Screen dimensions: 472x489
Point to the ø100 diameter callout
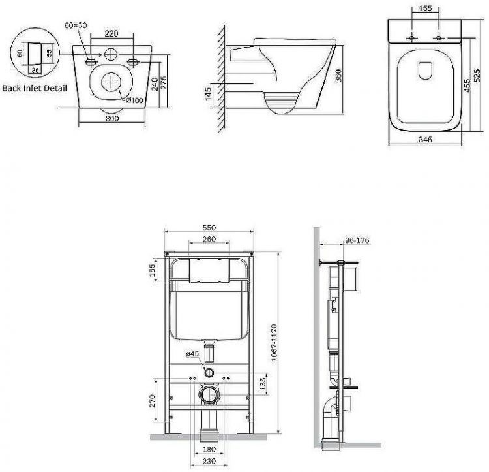[x=134, y=99]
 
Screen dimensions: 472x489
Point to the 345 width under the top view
[x=426, y=140]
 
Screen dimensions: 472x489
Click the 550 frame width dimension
[x=209, y=227]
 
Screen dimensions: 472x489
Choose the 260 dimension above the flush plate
[x=209, y=239]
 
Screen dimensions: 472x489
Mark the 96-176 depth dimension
[x=357, y=240]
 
